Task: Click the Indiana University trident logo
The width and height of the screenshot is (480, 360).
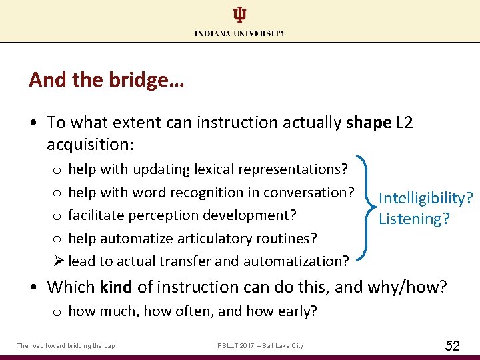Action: pos(239,15)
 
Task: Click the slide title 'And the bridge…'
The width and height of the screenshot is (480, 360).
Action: pos(107,81)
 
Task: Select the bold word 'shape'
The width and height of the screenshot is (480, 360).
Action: pos(369,123)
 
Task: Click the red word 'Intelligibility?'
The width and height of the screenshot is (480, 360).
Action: pos(425,198)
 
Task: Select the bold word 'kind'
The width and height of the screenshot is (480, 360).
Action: pos(115,287)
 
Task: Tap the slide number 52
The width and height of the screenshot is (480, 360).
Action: pos(452,345)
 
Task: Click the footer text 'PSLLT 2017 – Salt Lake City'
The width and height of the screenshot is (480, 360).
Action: pos(260,345)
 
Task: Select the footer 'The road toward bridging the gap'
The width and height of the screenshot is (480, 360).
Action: pos(66,345)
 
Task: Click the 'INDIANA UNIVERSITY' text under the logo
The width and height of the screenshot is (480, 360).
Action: pos(240,33)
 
